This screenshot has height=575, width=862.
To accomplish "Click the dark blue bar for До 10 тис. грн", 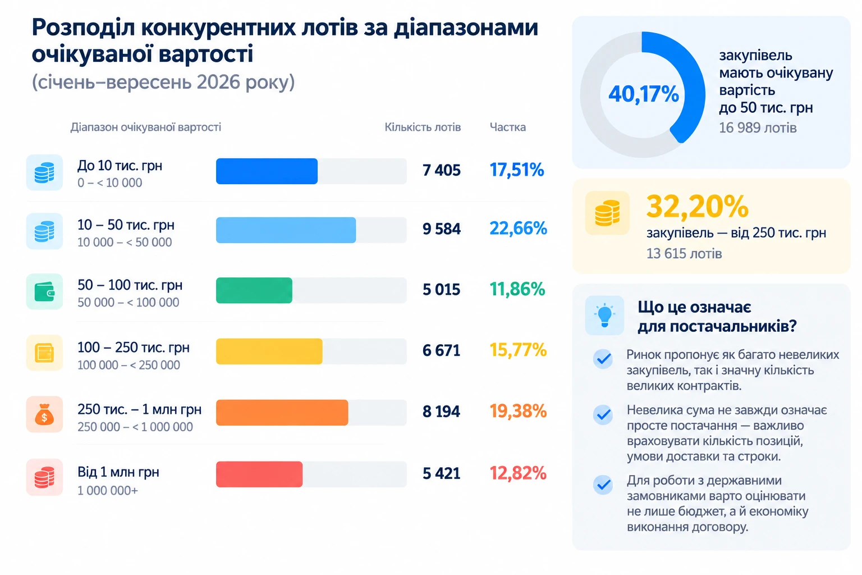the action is pyautogui.click(x=267, y=171).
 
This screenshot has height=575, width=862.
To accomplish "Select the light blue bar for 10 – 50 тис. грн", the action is pyautogui.click(x=286, y=230).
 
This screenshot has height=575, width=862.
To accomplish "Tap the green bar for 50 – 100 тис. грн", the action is pyautogui.click(x=254, y=290).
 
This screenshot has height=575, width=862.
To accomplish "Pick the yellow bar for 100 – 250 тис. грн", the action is pyautogui.click(x=269, y=352).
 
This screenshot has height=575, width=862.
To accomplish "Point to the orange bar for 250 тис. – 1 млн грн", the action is pyautogui.click(x=282, y=413).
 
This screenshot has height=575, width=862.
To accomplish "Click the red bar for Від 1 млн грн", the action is pyautogui.click(x=259, y=474).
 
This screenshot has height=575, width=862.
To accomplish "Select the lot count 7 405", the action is pyautogui.click(x=442, y=170).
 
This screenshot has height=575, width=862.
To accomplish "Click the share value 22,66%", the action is pyautogui.click(x=518, y=229).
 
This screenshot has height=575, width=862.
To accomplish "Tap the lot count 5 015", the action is pyautogui.click(x=442, y=290).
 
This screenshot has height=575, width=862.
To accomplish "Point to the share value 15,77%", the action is pyautogui.click(x=518, y=350).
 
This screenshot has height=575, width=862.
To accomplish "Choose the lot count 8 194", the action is pyautogui.click(x=442, y=412).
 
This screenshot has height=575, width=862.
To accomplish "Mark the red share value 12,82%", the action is pyautogui.click(x=518, y=473).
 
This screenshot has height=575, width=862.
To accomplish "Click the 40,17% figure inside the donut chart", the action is pyautogui.click(x=644, y=94).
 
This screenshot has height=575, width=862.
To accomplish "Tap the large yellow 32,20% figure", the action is pyautogui.click(x=698, y=207).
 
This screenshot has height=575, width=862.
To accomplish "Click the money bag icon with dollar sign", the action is pyautogui.click(x=44, y=414).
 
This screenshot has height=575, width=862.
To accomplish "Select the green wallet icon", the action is pyautogui.click(x=44, y=291).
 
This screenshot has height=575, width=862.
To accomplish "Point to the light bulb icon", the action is pyautogui.click(x=604, y=316).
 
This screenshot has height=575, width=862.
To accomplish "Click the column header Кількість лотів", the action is pyautogui.click(x=423, y=127).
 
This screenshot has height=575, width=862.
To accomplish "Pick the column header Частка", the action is pyautogui.click(x=507, y=127).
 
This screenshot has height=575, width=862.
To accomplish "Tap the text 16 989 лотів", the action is pyautogui.click(x=758, y=128).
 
